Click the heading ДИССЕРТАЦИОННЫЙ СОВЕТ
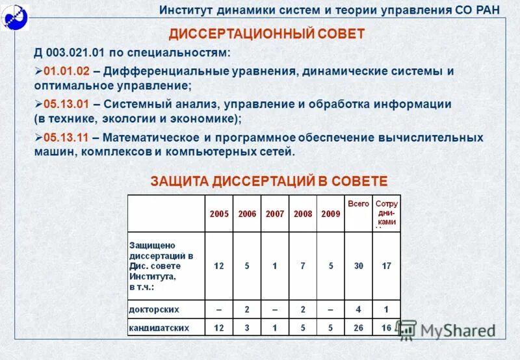click(266, 34)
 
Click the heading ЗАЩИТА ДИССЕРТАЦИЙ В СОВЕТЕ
click(269, 181)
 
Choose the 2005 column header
click(219, 214)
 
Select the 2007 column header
click(275, 214)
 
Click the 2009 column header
click(331, 214)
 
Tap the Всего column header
click(358, 203)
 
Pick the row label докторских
click(155, 309)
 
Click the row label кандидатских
click(159, 328)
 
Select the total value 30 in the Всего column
click(359, 266)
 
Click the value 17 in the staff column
click(387, 266)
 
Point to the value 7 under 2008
click(303, 266)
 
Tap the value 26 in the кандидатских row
click(359, 328)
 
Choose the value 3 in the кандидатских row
click(247, 328)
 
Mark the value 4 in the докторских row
click(359, 309)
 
